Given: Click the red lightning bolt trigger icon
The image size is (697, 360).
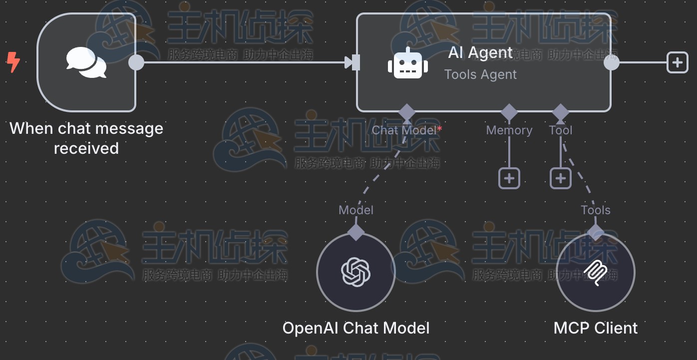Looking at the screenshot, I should point(13,62).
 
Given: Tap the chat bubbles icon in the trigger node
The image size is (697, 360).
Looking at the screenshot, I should point(86,62).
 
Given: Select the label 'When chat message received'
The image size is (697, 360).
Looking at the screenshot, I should point(86,138).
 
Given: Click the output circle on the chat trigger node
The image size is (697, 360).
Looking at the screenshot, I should point(136,62).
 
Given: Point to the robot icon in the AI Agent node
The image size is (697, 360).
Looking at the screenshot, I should point(408,63).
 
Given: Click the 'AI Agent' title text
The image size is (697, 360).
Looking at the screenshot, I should point(480,52).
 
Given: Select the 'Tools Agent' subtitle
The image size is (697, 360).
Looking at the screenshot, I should point(480,74).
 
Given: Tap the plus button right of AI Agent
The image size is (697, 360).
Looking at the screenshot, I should point(677,62).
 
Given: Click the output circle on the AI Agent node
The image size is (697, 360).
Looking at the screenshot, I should point(611,62).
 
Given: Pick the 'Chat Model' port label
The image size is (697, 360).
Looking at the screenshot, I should point(404,130).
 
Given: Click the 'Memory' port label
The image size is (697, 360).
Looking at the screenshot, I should point(509,130).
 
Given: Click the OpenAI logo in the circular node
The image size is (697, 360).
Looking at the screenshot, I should point(356,272).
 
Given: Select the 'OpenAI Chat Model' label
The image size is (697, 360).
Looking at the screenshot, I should point(356,328).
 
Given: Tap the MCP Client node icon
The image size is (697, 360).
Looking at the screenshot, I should point(595,272).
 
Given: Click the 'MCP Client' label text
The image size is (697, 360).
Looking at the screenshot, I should point(595,328).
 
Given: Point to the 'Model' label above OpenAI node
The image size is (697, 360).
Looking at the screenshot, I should point(356,210).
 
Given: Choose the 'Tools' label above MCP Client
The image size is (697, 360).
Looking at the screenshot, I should point(595,210).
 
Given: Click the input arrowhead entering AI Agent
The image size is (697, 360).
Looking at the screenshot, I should point(349,62).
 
